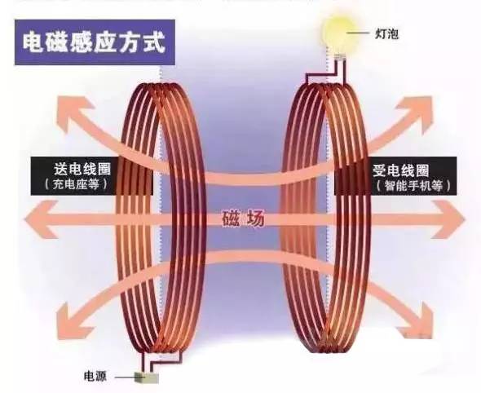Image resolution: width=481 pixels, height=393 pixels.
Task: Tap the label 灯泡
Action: tap(387, 33)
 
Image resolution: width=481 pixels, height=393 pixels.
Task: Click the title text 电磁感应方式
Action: tap(95, 42)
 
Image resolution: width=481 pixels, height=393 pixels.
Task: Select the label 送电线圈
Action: tap(83, 169)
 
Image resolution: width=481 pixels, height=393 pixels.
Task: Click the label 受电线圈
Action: tap(400, 170)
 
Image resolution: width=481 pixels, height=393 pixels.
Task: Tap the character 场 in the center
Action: tap(254, 219)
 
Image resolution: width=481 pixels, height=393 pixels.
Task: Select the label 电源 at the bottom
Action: tap(95, 376)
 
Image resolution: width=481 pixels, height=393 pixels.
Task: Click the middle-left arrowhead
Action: tap(41, 219)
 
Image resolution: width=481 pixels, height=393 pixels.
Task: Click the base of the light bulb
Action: tap(340, 57)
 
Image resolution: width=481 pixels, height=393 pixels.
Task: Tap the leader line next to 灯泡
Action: tap(358, 33)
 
